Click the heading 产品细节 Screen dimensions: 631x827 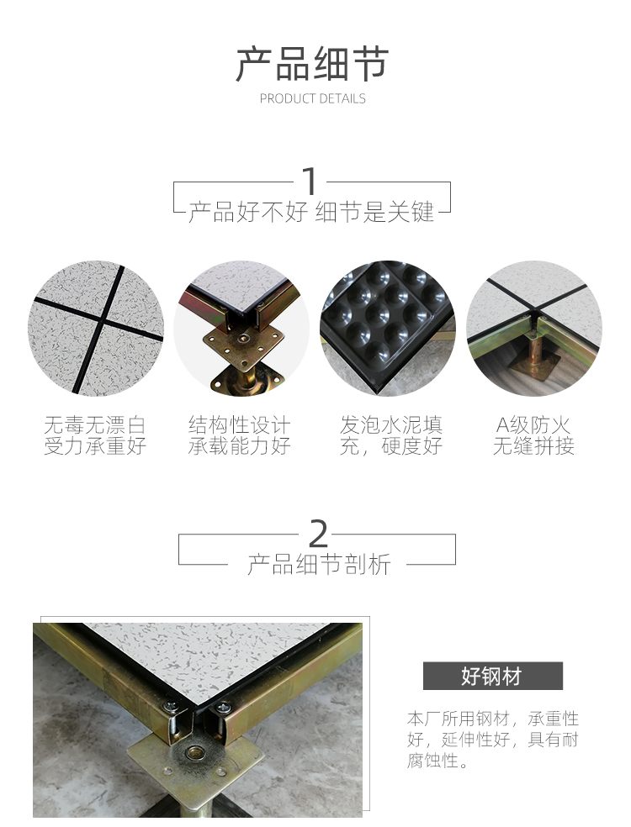click(312, 65)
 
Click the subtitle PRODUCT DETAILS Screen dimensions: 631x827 click(313, 98)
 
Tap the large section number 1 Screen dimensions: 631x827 click(310, 181)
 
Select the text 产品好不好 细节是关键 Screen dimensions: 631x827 click(311, 212)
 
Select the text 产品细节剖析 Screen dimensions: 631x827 click(320, 564)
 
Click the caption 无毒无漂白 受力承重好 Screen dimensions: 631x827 click(95, 435)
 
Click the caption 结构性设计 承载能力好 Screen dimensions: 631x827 click(240, 435)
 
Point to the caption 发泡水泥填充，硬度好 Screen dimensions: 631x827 click(391, 435)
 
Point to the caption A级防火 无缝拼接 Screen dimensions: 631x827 click(534, 435)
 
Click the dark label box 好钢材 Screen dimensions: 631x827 click(493, 676)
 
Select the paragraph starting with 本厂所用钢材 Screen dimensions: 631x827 click(493, 740)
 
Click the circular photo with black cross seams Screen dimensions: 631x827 click(96, 328)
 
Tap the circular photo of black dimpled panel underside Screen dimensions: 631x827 click(387, 328)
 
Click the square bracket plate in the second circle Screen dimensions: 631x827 click(243, 344)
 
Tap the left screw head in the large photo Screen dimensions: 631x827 click(170, 704)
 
